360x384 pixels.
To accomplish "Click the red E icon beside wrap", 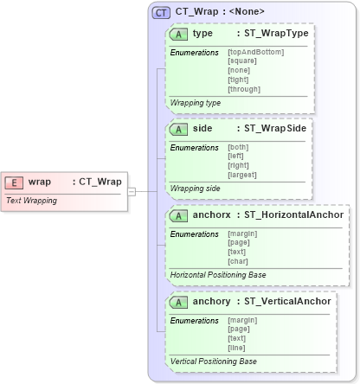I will pos(15,182).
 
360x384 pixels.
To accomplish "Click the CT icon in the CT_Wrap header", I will pos(161,12).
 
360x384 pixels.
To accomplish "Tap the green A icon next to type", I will pos(179,34).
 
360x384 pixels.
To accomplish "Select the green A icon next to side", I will pos(179,129).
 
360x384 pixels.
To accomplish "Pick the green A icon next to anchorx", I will pos(179,215).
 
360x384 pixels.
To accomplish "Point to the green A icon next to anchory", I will pos(179,302).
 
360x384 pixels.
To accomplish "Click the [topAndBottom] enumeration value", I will pos(255,52).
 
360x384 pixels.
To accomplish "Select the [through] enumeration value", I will pos(243,89).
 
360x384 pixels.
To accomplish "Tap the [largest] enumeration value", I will pos(242,176).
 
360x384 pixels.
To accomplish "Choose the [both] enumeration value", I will pos(238,147).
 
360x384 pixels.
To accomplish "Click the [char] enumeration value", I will pos(238,262).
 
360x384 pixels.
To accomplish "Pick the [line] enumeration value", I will pos(237,349).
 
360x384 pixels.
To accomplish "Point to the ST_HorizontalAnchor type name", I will pos(293,215).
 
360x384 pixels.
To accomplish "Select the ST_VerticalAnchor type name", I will pos(286,302).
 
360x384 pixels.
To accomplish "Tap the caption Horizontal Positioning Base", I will pos(218,274).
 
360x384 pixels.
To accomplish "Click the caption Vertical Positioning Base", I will pos(214,361).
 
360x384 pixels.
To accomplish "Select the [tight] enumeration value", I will pos(238,80).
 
